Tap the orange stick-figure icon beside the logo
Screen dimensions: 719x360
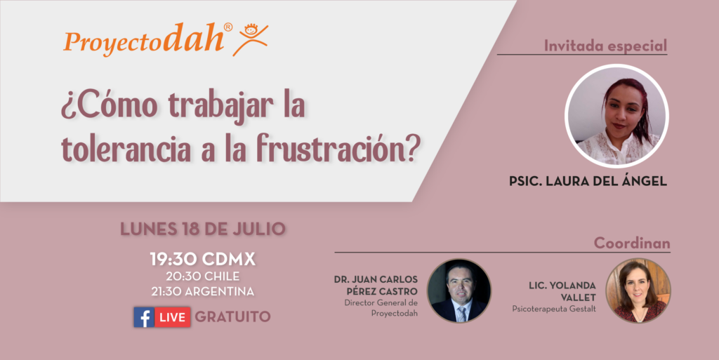click(x=251, y=39)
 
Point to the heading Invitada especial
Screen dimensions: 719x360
click(x=605, y=46)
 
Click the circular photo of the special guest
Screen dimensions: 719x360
click(x=616, y=116)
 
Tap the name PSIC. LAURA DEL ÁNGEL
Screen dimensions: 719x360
click(x=588, y=181)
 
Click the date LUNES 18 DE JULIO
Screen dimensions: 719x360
click(x=203, y=229)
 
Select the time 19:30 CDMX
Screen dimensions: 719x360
click(x=203, y=259)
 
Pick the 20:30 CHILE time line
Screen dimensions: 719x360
click(x=203, y=276)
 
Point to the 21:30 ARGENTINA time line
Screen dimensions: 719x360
click(x=203, y=291)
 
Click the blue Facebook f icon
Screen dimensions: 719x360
click(x=144, y=317)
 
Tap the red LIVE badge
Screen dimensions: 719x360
click(x=173, y=317)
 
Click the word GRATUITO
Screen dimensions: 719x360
click(x=232, y=316)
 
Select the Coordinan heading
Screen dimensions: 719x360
click(x=632, y=244)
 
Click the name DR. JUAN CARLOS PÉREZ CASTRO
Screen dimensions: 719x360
click(x=376, y=285)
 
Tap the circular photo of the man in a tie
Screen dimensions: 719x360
click(x=459, y=291)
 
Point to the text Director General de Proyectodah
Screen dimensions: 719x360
click(x=381, y=308)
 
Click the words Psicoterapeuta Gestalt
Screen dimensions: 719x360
click(x=554, y=309)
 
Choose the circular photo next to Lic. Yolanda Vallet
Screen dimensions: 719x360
click(x=638, y=291)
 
